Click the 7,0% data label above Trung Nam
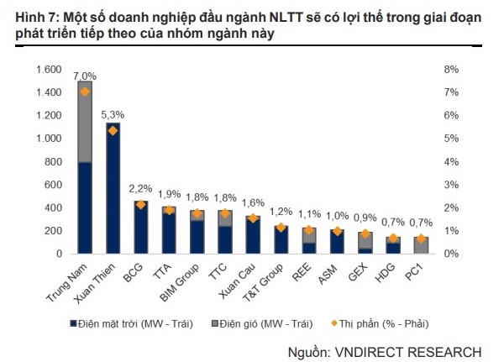86,76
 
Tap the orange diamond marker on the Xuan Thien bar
113,131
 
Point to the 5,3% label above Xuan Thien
113,114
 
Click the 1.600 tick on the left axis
49,69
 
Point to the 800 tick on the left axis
55,161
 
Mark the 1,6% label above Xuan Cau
252,203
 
